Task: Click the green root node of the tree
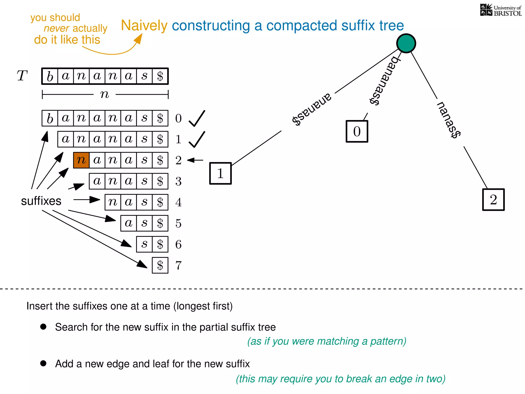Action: (406, 43)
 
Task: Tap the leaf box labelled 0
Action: (357, 131)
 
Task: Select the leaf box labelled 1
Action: (220, 173)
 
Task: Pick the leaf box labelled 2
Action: (493, 200)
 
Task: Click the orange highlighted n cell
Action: (81, 160)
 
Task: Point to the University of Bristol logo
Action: (501, 10)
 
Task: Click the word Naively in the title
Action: (144, 26)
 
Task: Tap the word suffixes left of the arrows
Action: (41, 201)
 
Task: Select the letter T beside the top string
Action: (22, 76)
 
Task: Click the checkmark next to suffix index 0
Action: (197, 119)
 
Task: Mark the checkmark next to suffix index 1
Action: (197, 140)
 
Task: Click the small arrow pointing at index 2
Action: (195, 160)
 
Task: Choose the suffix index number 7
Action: (178, 265)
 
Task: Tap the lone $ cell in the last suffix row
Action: (160, 265)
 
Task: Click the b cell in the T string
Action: (50, 76)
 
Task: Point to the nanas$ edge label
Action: (449, 120)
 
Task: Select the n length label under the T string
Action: (105, 94)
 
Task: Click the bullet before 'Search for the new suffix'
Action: (43, 327)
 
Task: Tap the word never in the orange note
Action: (56, 28)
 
